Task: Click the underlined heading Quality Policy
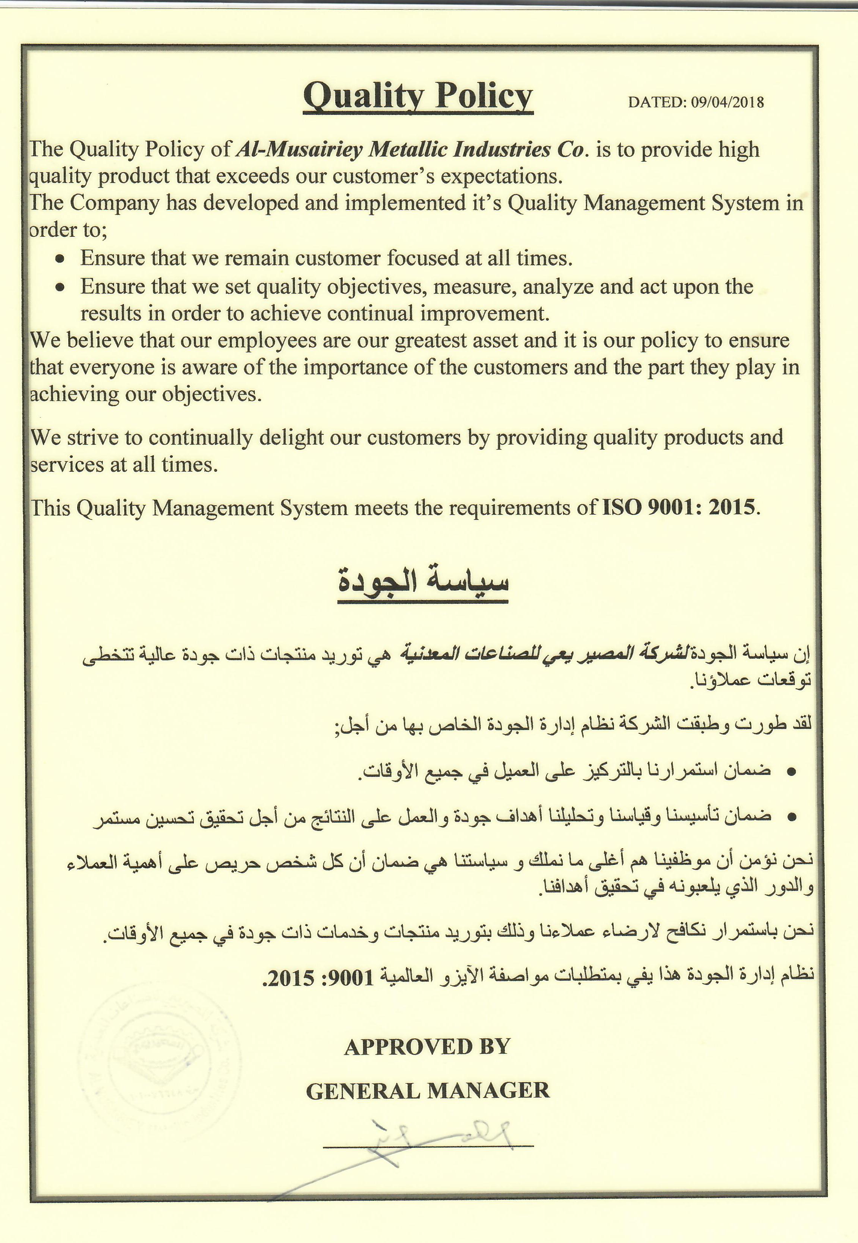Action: (418, 97)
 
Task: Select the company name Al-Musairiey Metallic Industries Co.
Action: (410, 150)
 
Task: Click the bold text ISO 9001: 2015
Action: (678, 507)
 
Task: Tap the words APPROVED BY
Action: (427, 1046)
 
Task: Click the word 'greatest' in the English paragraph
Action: (437, 341)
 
